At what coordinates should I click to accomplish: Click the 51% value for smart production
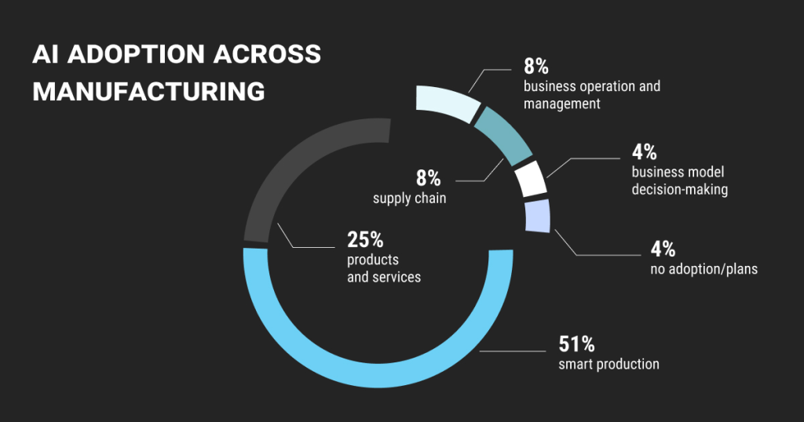click(x=576, y=344)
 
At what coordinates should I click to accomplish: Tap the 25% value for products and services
click(x=365, y=239)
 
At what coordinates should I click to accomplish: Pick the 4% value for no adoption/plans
click(x=663, y=249)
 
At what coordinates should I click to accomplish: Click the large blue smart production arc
click(x=377, y=369)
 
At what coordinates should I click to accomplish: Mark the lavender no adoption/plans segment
click(x=537, y=216)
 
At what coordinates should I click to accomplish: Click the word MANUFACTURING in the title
click(x=148, y=90)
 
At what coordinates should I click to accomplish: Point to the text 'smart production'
click(x=608, y=364)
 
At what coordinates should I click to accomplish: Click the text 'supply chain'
click(x=409, y=198)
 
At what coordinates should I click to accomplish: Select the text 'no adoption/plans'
click(x=704, y=270)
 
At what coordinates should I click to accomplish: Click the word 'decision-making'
click(x=680, y=189)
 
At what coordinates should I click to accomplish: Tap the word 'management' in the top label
click(x=562, y=104)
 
